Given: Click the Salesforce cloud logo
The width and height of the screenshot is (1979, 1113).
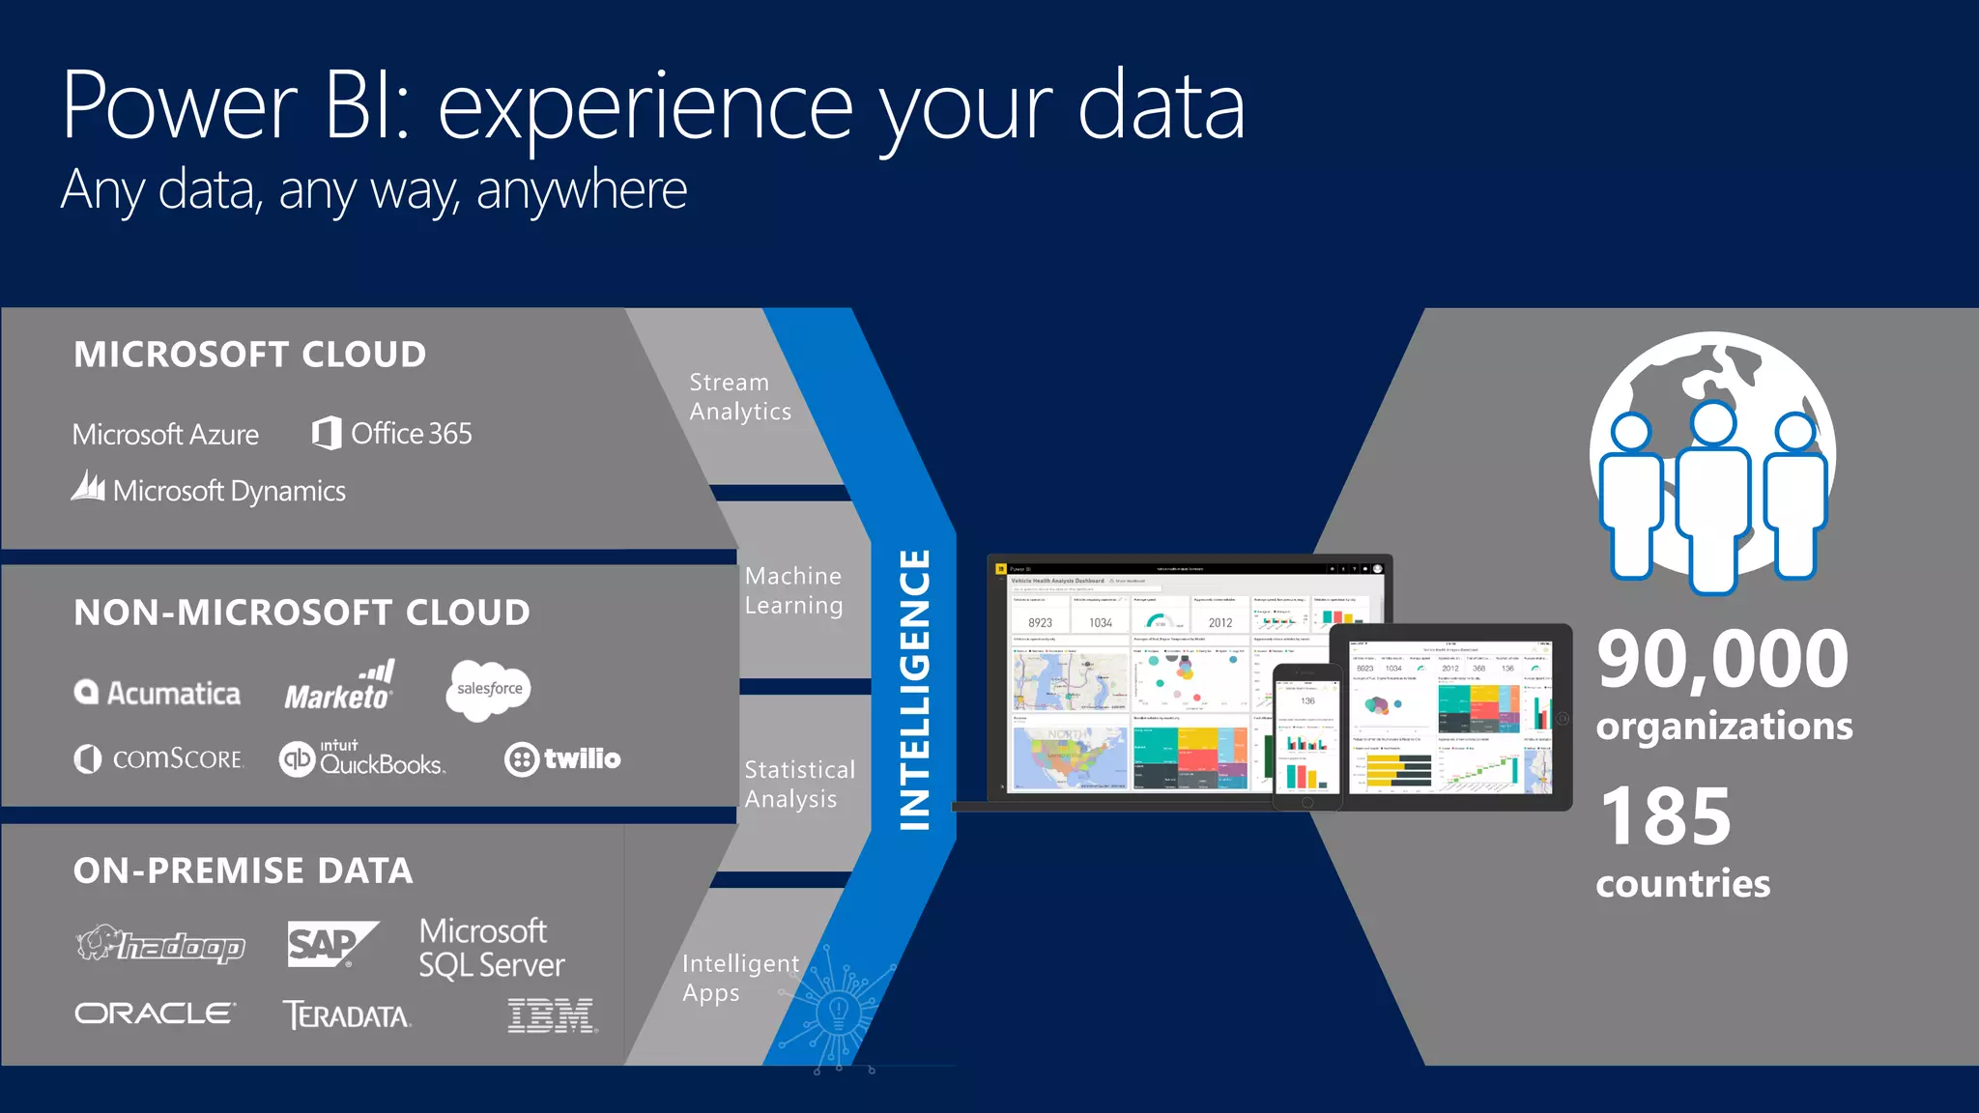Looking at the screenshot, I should pyautogui.click(x=488, y=689).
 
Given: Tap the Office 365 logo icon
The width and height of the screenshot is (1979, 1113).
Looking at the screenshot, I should pyautogui.click(x=327, y=433).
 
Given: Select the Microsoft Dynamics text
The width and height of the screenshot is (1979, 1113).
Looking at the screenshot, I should pyautogui.click(x=229, y=491).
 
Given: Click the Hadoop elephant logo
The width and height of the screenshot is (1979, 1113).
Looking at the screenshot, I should pyautogui.click(x=160, y=945).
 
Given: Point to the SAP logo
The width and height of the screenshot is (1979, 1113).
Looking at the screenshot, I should pyautogui.click(x=330, y=943).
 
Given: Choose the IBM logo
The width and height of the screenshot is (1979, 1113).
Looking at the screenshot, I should pyautogui.click(x=552, y=1015).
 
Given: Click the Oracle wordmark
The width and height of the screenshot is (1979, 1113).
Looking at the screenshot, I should pyautogui.click(x=155, y=1013).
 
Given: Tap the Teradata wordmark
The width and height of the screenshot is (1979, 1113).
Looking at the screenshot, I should pyautogui.click(x=346, y=1015).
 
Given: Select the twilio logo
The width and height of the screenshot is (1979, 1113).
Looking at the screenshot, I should pyautogui.click(x=562, y=758).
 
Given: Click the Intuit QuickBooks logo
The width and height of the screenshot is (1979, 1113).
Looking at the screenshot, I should pyautogui.click(x=361, y=759).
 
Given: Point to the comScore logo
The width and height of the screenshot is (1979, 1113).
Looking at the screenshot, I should pyautogui.click(x=159, y=758).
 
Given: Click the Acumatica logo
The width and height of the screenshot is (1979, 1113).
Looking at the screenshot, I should pyautogui.click(x=158, y=693).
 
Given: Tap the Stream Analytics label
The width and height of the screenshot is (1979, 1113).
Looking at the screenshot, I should pyautogui.click(x=739, y=397).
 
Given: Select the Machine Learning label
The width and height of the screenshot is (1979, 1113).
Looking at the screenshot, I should pyautogui.click(x=793, y=590).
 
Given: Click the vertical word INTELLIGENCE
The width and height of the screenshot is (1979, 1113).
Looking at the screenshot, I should pyautogui.click(x=914, y=689).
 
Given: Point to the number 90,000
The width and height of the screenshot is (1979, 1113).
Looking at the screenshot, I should pyautogui.click(x=1722, y=660).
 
